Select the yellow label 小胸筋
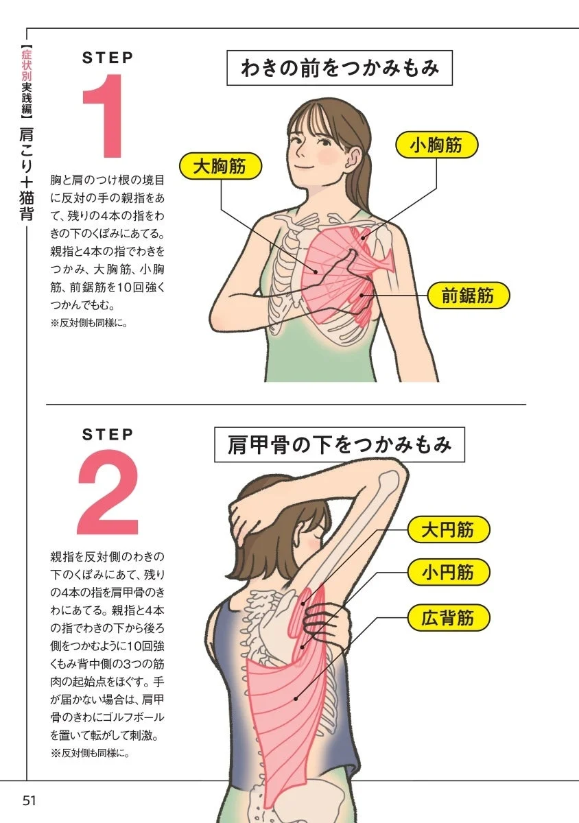pos(436,145)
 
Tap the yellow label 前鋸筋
pos(467,296)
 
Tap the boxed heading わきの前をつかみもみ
pos(339,69)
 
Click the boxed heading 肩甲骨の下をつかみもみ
pos(340,445)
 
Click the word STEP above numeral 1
pos(108,58)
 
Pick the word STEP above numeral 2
pos(108,434)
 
